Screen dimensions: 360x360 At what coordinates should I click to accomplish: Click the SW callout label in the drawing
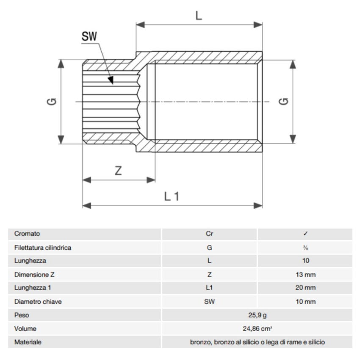pos(89,37)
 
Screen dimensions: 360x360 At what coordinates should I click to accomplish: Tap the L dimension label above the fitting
pos(199,16)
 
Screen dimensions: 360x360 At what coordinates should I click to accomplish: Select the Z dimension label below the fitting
pos(119,171)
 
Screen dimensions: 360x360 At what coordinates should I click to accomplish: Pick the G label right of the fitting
pos(284,102)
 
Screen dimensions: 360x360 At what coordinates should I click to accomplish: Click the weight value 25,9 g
pos(258,315)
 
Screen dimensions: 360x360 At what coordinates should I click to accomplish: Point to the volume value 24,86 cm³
pos(258,329)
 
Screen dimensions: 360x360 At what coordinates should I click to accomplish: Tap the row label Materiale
pos(28,342)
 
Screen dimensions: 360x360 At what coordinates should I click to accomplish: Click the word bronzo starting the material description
pos(201,342)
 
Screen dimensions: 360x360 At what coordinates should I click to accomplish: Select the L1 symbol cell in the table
pos(209,288)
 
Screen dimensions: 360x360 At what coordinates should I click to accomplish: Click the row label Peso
pos(22,315)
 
